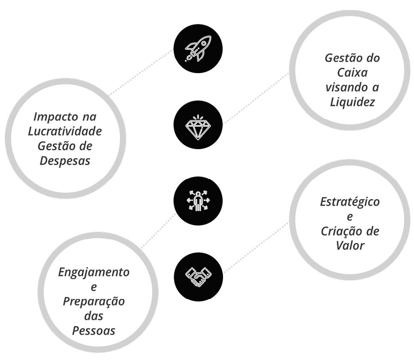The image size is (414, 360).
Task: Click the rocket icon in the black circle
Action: point(198,48)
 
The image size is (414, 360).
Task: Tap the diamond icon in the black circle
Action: point(198,125)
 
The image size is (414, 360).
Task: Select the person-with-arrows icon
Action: point(198,201)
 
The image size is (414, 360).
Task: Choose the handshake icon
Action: point(198,277)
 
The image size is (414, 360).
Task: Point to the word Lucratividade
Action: point(65,131)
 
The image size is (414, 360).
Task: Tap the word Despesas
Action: point(65,160)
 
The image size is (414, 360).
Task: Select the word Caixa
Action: point(352,72)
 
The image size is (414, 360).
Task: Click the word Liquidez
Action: point(352,102)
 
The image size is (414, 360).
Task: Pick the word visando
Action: point(342,87)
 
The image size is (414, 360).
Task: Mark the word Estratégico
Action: point(350,202)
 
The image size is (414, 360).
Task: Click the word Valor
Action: point(350,245)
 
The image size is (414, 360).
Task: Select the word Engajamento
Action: point(94,272)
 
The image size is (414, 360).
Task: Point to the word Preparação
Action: point(94,301)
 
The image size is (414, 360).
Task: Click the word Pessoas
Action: point(94,331)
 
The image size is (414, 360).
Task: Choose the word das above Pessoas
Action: point(94,316)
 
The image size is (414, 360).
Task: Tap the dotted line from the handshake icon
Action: point(256,247)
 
